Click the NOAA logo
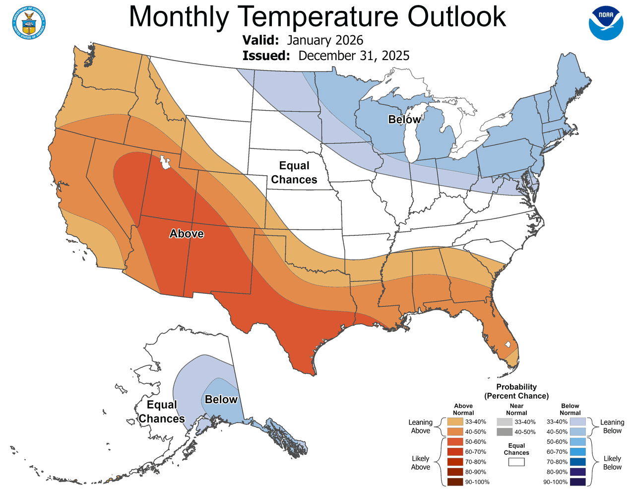[606, 23]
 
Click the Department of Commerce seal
[29, 23]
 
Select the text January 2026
[325, 40]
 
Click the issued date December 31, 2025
[354, 56]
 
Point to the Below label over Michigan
[404, 119]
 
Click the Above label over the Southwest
[187, 233]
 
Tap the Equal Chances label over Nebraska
[294, 172]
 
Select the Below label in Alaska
[221, 399]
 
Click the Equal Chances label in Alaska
[162, 412]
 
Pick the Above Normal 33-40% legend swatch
[455, 421]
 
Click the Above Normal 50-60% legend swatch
[455, 442]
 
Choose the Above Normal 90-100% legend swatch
[455, 482]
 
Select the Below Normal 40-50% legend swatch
[577, 432]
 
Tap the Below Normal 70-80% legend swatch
[577, 462]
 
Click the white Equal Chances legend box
[516, 462]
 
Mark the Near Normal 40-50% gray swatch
[504, 432]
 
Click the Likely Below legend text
[612, 463]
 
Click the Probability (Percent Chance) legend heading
[516, 391]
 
